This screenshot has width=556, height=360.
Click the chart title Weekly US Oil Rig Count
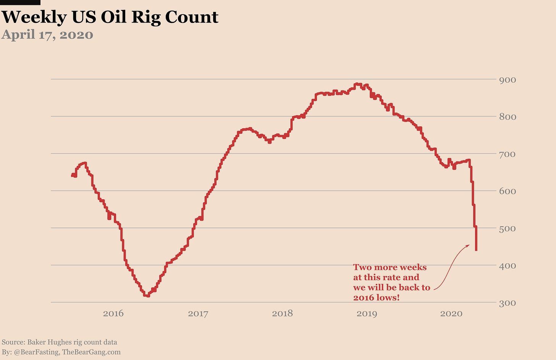[110, 17]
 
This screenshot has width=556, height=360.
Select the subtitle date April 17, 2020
[47, 35]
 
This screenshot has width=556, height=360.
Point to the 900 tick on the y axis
[508, 80]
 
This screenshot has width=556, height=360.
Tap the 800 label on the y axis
[508, 117]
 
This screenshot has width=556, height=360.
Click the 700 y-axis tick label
[508, 154]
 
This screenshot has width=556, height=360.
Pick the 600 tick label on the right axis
[508, 191]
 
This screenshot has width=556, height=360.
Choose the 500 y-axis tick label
[508, 229]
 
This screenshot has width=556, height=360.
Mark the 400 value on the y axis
[508, 266]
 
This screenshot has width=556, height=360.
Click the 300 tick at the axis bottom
[508, 303]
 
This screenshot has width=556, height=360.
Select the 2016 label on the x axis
[113, 314]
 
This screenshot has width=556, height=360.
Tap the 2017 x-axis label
[198, 314]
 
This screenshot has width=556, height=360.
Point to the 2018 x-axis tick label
[282, 314]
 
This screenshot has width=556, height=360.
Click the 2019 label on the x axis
[367, 314]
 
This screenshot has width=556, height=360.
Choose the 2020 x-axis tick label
[451, 314]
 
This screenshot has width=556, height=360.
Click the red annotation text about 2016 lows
[391, 283]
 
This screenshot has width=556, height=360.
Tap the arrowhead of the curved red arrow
[469, 245]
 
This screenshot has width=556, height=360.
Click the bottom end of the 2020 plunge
[476, 250]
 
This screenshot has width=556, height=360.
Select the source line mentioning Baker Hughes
[60, 342]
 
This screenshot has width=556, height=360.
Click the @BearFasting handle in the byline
[37, 352]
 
